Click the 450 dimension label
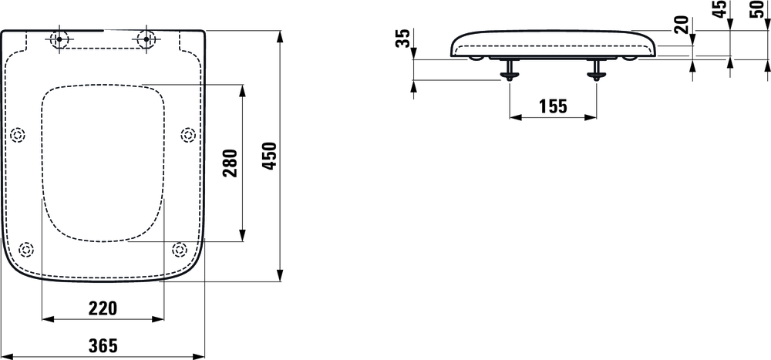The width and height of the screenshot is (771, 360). pos(269,157)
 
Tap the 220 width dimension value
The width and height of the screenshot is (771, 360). pos(103,308)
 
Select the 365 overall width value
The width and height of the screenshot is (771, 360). pos(103,346)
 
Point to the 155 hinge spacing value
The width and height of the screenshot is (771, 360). pos(552,106)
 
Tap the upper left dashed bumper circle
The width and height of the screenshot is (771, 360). pos(18,136)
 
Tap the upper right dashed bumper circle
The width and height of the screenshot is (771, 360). pos(187,136)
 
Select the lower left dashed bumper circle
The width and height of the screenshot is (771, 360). pos(26,250)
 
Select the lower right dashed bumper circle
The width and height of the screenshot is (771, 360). pos(180,250)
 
